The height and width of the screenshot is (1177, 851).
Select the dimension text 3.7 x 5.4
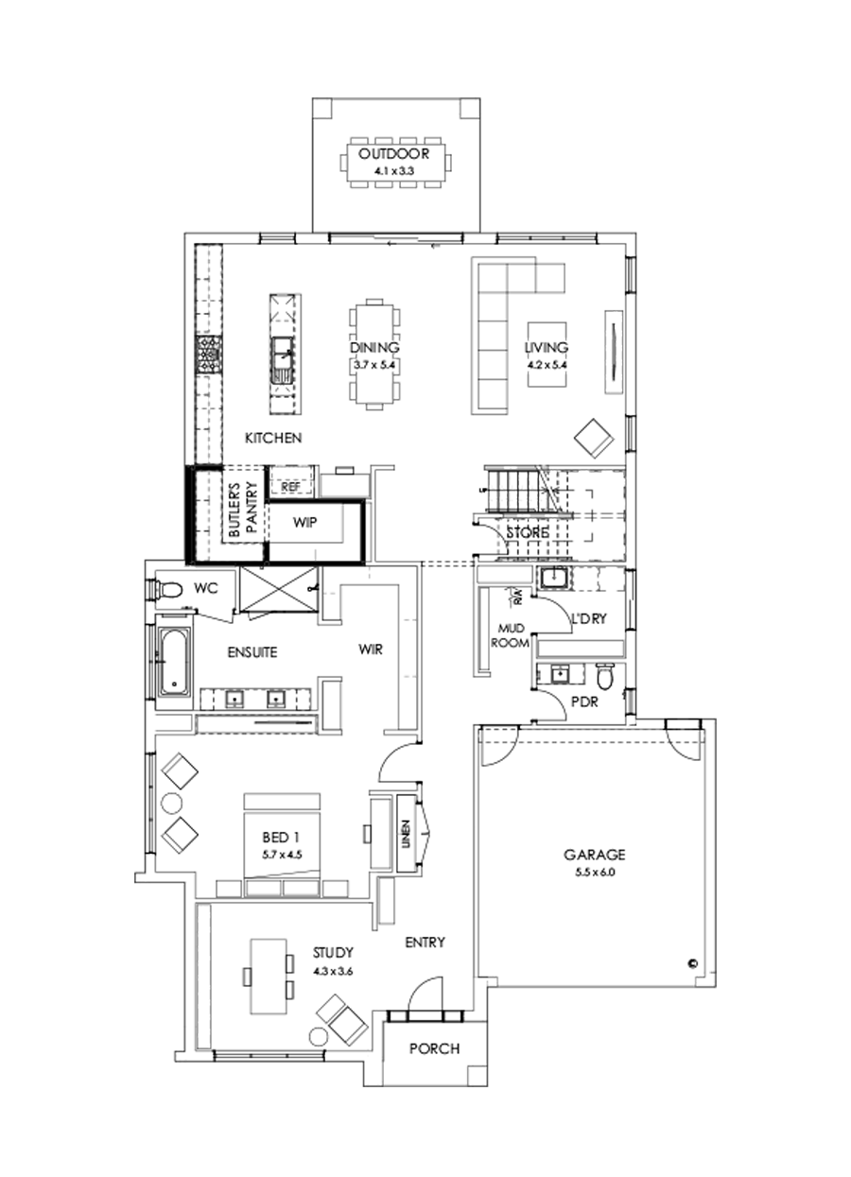[373, 363]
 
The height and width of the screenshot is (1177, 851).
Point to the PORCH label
[435, 1048]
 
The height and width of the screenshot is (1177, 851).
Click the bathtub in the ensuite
[173, 662]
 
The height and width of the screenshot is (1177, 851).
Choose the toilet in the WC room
[167, 590]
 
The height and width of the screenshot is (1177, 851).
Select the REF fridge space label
[290, 486]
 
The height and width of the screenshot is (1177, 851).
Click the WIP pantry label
[304, 522]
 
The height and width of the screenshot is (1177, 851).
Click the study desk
[268, 975]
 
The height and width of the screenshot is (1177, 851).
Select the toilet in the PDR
[605, 677]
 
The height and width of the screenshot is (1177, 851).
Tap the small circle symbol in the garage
[692, 963]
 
